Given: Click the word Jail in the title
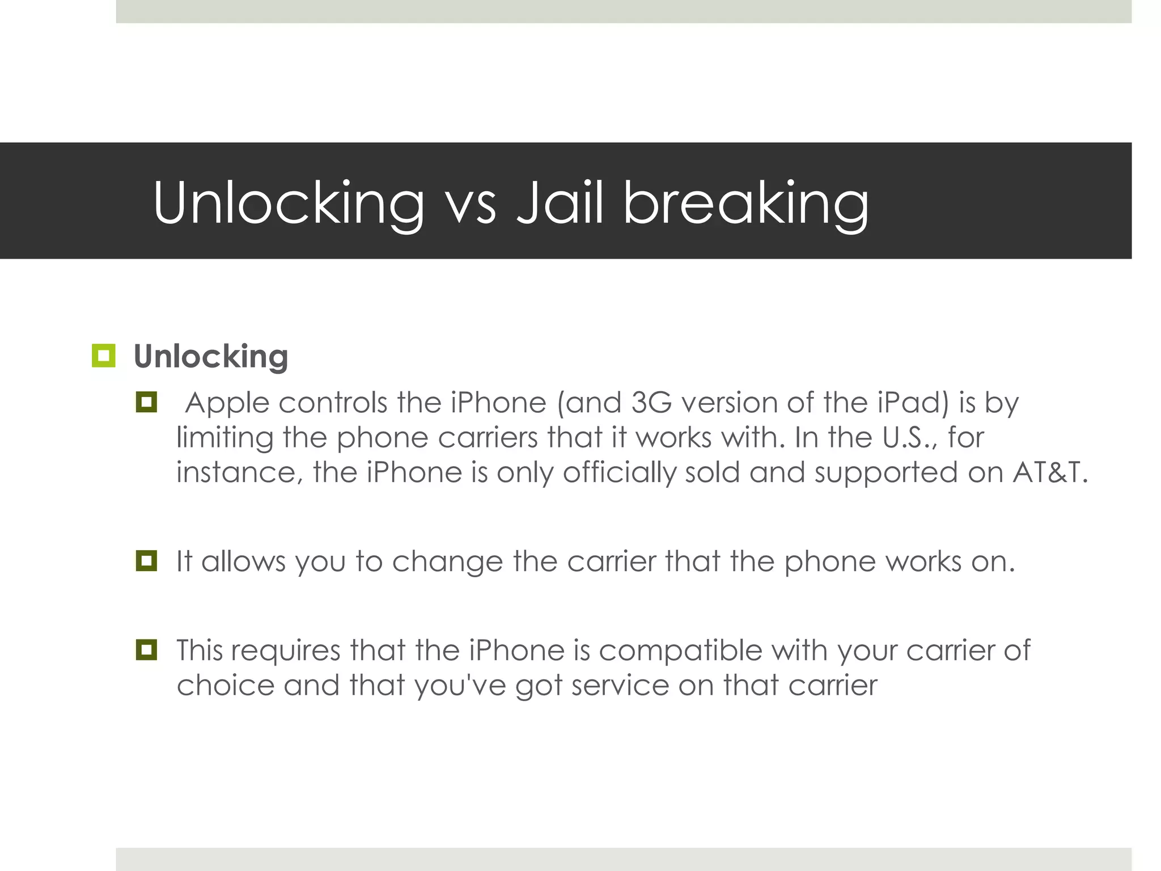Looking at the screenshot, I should (x=560, y=202).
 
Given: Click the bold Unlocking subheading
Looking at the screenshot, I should (x=211, y=357).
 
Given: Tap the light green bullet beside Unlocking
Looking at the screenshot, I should (x=103, y=356).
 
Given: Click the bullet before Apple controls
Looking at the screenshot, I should (x=146, y=403).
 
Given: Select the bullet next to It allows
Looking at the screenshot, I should (x=146, y=561).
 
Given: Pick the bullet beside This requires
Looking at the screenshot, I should (x=146, y=649).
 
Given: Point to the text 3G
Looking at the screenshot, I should (x=651, y=403).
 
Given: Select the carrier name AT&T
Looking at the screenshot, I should (x=1050, y=472).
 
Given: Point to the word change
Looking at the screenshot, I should (x=447, y=562).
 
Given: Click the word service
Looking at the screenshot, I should (x=620, y=685).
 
